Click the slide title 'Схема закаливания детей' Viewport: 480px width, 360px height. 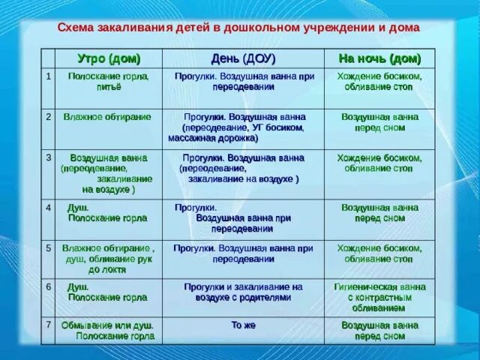click(x=238, y=28)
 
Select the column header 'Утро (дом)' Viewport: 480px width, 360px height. click(x=109, y=58)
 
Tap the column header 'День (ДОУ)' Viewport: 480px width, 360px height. click(x=243, y=58)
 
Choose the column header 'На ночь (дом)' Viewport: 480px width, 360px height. click(x=379, y=58)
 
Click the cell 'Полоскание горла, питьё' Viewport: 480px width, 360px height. click(x=109, y=82)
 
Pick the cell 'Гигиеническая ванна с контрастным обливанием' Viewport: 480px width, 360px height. click(x=379, y=297)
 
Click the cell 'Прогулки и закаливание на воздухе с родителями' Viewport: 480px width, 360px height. click(x=243, y=292)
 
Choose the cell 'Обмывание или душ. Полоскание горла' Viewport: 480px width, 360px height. click(x=109, y=331)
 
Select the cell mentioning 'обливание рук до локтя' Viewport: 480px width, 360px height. click(x=109, y=258)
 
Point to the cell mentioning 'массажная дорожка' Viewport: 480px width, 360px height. click(x=243, y=127)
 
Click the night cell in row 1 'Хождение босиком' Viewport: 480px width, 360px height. click(x=379, y=82)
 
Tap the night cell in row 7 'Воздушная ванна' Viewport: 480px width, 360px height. click(x=379, y=331)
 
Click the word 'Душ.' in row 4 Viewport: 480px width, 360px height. click(x=78, y=207)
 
